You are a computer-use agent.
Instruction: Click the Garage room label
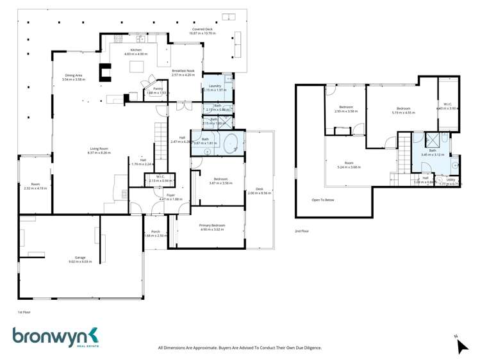coord(79,258)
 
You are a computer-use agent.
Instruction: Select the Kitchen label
coord(135,50)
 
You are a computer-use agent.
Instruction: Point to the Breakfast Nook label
coord(183,70)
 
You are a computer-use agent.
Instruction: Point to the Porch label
coord(155,231)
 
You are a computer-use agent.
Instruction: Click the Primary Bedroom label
coord(211,225)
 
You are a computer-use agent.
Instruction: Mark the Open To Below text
coord(323,200)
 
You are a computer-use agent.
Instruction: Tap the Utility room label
coord(451,180)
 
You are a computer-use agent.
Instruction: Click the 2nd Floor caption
coord(302,231)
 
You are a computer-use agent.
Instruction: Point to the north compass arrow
coord(461,346)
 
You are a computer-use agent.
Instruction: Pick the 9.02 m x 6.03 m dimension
coord(79,261)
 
